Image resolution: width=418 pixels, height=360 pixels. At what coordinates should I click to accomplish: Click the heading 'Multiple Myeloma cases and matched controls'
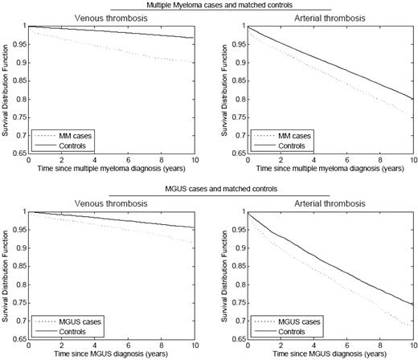pyautogui.click(x=209, y=6)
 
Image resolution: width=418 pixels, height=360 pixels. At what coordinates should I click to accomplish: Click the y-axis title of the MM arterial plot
pyautogui.click(x=218, y=91)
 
